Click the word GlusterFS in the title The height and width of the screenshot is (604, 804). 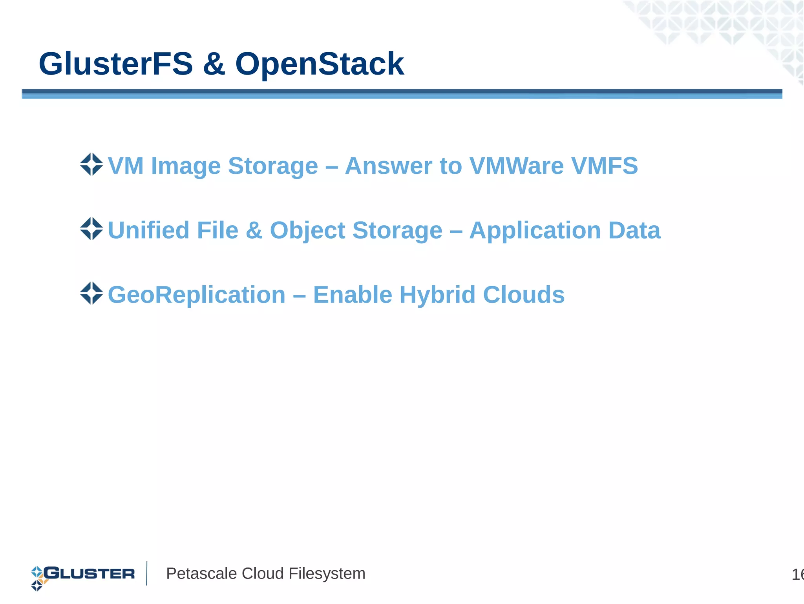tap(116, 64)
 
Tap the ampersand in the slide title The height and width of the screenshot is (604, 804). tap(214, 64)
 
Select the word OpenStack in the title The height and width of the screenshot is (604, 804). tap(319, 64)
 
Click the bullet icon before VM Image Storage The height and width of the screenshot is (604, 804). tap(91, 164)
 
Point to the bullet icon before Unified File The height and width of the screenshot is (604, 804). tap(91, 229)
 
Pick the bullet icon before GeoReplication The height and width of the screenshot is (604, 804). tap(91, 293)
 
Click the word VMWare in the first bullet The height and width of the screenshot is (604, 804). tap(517, 166)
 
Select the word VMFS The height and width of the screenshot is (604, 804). tap(605, 166)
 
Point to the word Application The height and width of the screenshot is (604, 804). tap(535, 231)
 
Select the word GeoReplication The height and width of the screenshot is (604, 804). tap(197, 295)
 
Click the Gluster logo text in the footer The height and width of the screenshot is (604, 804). tap(89, 573)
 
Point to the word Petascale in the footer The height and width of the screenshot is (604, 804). tap(201, 574)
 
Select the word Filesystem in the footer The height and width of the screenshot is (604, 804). tap(327, 574)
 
